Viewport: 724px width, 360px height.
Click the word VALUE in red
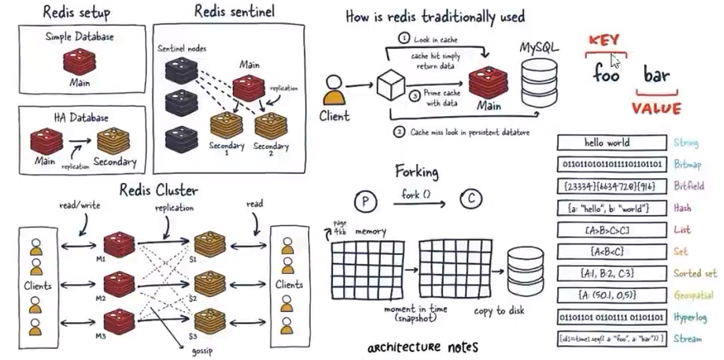(x=656, y=108)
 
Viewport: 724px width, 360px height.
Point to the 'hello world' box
(x=607, y=142)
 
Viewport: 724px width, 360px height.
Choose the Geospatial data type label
(x=694, y=296)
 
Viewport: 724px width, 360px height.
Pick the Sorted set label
(x=694, y=273)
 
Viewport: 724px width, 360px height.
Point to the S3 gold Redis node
(x=207, y=319)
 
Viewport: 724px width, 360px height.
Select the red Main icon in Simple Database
(x=79, y=62)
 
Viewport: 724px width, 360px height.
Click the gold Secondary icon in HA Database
(x=115, y=140)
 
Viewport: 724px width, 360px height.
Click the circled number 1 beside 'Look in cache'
(x=404, y=39)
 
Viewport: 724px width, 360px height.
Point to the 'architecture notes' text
(x=422, y=347)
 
